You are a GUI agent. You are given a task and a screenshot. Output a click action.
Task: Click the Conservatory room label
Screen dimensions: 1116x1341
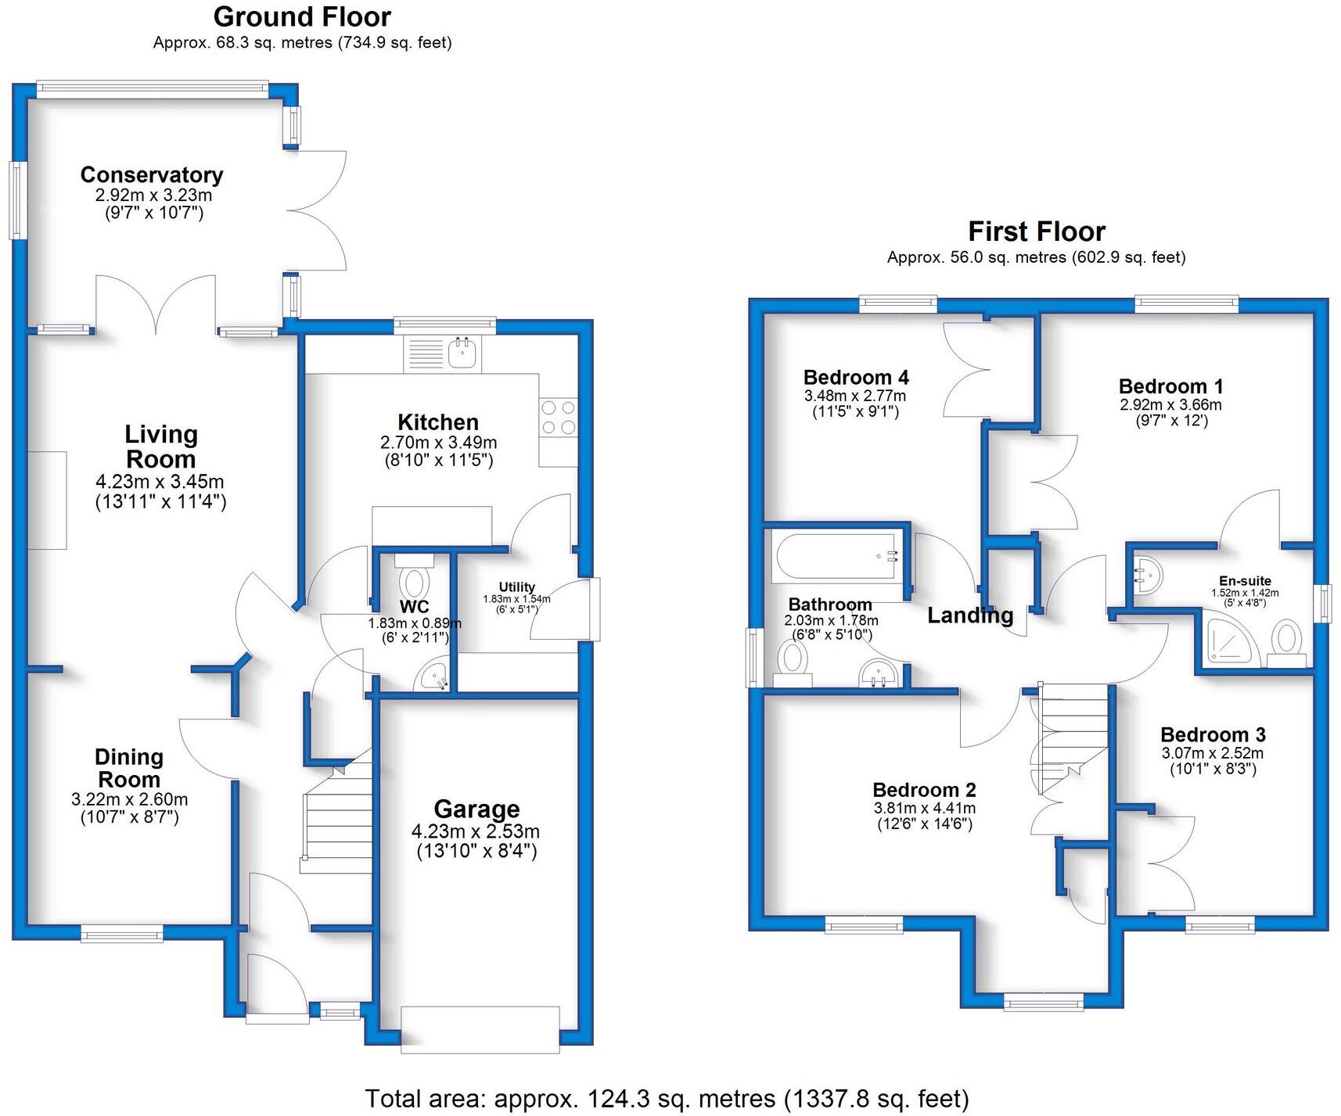pos(152,174)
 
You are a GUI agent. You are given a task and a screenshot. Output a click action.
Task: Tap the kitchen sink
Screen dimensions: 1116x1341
pos(463,354)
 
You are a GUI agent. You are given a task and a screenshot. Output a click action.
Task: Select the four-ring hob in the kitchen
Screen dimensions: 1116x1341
pos(558,418)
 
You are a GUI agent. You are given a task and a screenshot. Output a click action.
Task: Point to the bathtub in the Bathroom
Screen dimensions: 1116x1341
pos(835,556)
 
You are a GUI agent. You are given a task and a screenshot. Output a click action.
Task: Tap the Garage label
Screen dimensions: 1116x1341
pos(476,809)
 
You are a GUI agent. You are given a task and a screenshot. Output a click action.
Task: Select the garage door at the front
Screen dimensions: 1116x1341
pos(480,1028)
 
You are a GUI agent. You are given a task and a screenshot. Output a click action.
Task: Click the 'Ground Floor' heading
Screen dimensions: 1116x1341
pos(302,16)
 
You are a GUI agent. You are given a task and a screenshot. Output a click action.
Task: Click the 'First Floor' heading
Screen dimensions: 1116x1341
pos(1036,231)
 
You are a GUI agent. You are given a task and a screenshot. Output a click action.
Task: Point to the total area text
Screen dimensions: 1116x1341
pos(667,1099)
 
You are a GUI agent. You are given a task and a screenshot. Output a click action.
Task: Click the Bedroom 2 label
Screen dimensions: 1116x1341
pos(924,790)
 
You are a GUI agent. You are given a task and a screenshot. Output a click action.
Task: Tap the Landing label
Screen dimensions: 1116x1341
pos(970,615)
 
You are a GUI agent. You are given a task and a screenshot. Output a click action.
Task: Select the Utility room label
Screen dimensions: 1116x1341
pos(517,587)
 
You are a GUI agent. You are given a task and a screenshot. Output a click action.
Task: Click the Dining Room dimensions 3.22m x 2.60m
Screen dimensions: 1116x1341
pos(129,799)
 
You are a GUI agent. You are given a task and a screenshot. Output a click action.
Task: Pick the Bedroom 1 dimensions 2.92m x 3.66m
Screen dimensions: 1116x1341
pos(1170,404)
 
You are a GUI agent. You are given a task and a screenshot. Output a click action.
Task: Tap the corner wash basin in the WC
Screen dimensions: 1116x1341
pos(433,676)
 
